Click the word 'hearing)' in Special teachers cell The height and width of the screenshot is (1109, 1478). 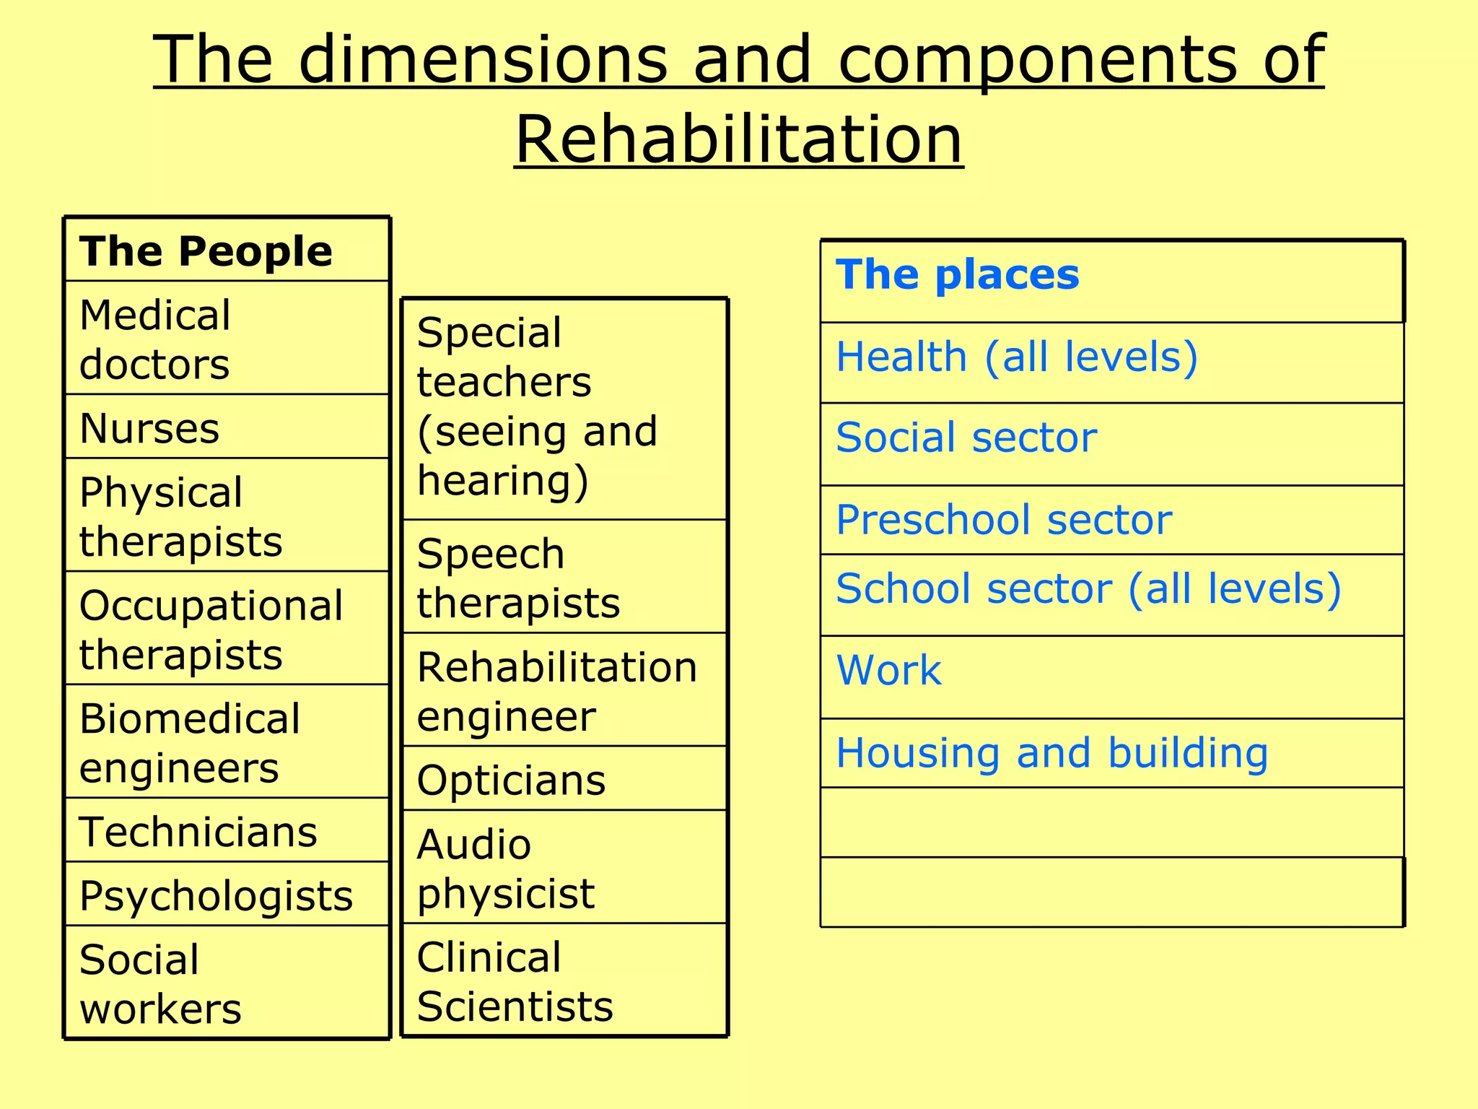pyautogui.click(x=503, y=482)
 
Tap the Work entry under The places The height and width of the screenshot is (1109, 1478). pyautogui.click(x=889, y=671)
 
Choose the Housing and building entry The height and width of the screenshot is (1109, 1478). pyautogui.click(x=1051, y=754)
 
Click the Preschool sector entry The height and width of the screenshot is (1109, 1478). pyautogui.click(x=1004, y=520)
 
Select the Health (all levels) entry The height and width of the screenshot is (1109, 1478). pyautogui.click(x=1017, y=357)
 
